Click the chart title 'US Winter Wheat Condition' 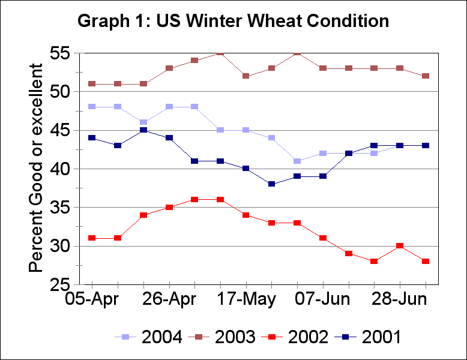click(233, 21)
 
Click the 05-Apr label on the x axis click(92, 299)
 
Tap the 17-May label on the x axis click(246, 299)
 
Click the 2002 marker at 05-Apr click(92, 238)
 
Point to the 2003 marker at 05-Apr click(92, 84)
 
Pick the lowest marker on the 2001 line click(272, 184)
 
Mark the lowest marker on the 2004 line click(297, 161)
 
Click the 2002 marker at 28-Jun click(400, 246)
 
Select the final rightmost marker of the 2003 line click(426, 76)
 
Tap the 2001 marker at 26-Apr click(169, 138)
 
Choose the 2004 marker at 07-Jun click(323, 154)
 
